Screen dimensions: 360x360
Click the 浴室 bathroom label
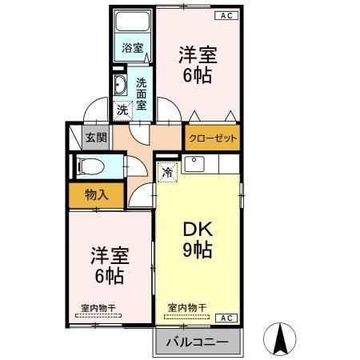click(x=133, y=47)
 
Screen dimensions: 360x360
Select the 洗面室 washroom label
click(x=141, y=93)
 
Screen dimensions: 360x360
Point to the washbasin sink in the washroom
click(x=121, y=86)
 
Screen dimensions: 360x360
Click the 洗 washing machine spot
click(x=122, y=110)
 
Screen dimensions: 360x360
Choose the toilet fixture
click(x=89, y=167)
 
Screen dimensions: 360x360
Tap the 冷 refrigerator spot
click(x=167, y=170)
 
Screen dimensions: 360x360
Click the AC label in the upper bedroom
click(x=226, y=15)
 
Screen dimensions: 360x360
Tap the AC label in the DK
click(x=226, y=318)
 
